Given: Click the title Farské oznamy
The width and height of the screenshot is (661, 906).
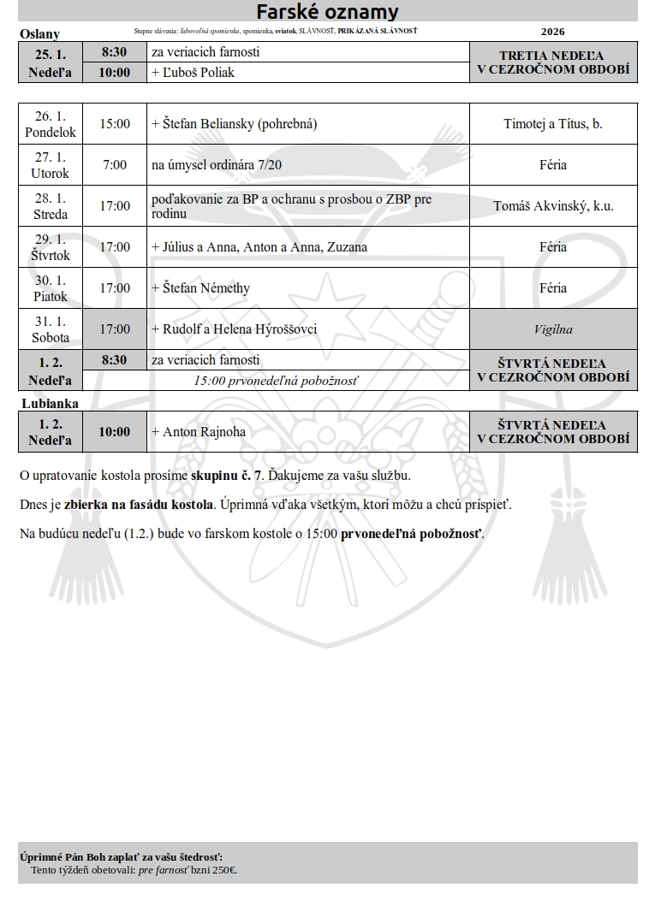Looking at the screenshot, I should [328, 11].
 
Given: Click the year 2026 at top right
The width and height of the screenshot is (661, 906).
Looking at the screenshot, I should [553, 32].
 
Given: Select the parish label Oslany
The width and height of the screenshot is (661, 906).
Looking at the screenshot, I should [39, 34].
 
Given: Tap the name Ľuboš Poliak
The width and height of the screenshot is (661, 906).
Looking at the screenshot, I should [198, 73].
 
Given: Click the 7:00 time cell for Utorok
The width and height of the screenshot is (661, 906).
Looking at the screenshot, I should [115, 165].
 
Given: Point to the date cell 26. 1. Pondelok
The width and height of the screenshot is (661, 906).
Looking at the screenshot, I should [51, 124].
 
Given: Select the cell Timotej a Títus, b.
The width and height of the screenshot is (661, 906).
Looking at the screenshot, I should [553, 124].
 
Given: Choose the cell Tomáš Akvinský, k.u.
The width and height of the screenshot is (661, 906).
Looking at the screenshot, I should [553, 206].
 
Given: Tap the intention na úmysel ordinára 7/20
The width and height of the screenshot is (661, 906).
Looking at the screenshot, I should [216, 165].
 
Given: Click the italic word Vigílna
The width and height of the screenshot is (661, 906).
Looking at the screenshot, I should [553, 329].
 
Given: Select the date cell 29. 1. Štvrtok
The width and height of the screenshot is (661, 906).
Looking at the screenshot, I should [51, 247].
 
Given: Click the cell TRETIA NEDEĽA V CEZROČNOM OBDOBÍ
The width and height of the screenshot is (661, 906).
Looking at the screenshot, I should [553, 62].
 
